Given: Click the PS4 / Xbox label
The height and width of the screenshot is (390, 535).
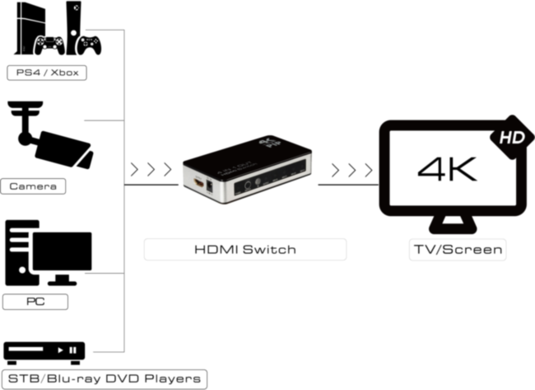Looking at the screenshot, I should click(x=46, y=73).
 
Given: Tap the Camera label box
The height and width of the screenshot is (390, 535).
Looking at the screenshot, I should click(x=34, y=186).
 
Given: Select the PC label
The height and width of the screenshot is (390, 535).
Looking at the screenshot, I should click(x=35, y=301).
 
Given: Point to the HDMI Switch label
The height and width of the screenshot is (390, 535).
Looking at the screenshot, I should click(x=245, y=249).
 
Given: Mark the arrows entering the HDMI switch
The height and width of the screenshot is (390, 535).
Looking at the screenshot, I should click(x=151, y=171).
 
